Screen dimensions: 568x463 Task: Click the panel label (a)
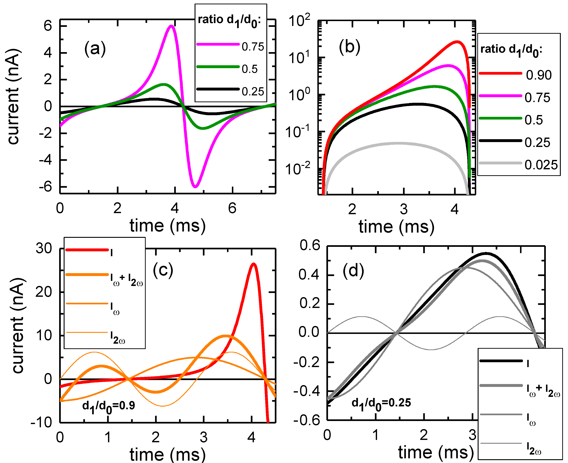(95, 49)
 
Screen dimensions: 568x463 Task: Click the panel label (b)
(349, 47)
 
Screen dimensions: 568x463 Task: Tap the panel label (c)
(163, 270)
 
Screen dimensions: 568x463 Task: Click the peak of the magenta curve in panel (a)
(171, 26)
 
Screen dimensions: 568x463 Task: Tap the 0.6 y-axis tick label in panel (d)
(310, 245)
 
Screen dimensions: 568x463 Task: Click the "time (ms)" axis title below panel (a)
(168, 226)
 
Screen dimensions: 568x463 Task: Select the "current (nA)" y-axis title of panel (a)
(13, 96)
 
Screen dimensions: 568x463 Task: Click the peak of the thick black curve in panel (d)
(486, 253)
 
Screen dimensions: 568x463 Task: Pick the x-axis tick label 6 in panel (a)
(232, 208)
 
